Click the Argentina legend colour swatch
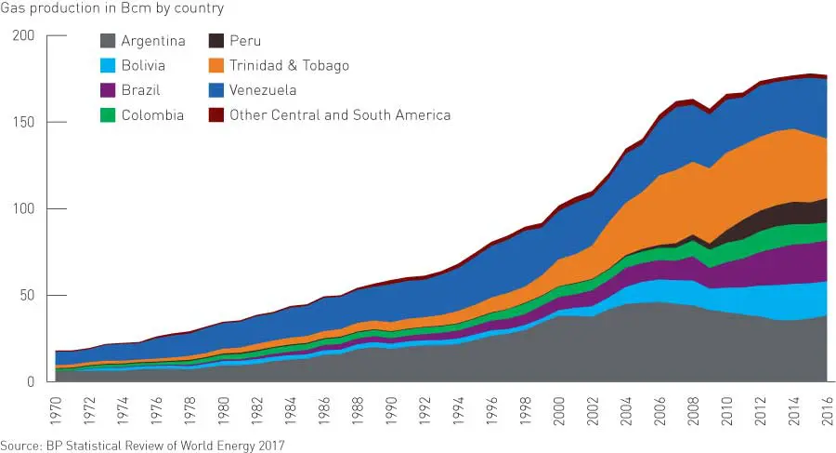click(107, 41)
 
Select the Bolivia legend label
click(143, 66)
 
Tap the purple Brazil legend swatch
click(107, 90)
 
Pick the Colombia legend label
click(152, 115)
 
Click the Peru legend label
click(245, 41)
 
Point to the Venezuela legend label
click(263, 90)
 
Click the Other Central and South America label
click(340, 115)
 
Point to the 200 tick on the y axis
click(23, 35)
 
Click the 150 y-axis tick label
click(23, 122)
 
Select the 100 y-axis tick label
click(23, 208)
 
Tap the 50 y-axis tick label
click(27, 295)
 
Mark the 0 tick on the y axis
click(31, 381)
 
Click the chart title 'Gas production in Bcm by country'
click(112, 8)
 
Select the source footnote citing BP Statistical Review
click(142, 445)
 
